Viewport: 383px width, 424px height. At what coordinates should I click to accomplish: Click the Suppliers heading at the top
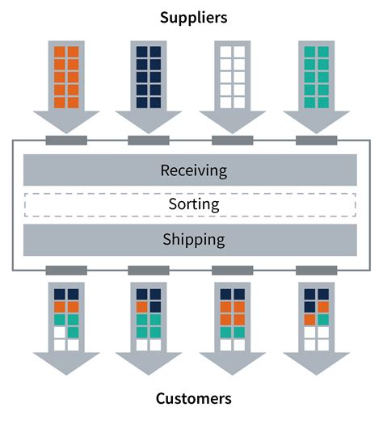[193, 16]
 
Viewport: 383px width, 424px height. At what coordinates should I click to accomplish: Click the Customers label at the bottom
[193, 398]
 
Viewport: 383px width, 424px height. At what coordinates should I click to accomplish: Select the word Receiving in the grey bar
[193, 170]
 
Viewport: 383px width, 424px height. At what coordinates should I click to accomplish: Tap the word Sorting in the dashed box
[193, 204]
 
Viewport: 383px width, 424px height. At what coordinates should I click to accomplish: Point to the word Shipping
[193, 239]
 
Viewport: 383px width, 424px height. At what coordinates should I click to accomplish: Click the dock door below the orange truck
[66, 141]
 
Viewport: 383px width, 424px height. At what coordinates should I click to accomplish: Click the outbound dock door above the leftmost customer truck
[66, 270]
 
